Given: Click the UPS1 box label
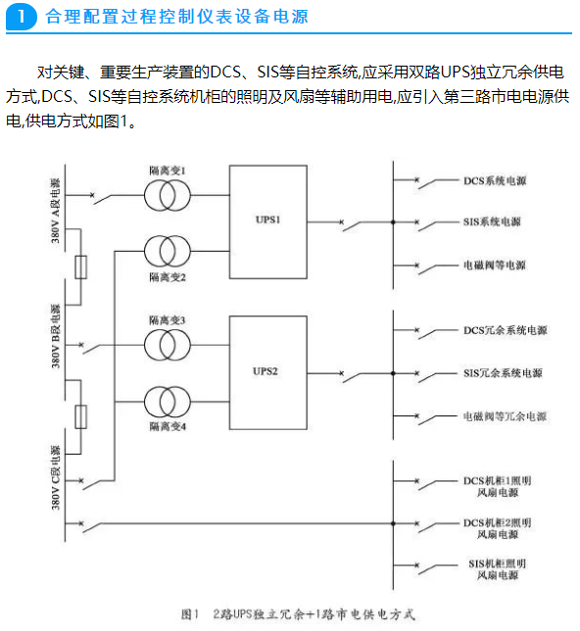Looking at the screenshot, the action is click(x=267, y=219).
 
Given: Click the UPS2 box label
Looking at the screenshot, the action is click(x=266, y=371).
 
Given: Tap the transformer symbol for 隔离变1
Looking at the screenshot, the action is click(x=167, y=196).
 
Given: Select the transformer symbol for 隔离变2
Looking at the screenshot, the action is click(x=167, y=251).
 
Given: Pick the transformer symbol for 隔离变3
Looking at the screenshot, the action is click(x=167, y=345).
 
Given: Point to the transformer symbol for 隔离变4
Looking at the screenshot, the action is click(x=167, y=402).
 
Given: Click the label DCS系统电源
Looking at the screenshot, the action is click(x=495, y=181).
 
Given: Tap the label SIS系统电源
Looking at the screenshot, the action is click(x=492, y=221).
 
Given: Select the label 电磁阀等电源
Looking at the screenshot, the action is click(x=495, y=266).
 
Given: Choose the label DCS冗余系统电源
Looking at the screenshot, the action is click(x=506, y=330).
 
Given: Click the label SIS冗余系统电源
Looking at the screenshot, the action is click(x=503, y=373).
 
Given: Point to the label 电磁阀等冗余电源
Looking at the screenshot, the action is click(x=505, y=416).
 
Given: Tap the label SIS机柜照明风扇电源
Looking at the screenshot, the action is click(x=498, y=569).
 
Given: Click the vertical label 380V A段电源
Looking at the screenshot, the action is click(x=55, y=211).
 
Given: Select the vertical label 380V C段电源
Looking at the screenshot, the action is click(x=55, y=477).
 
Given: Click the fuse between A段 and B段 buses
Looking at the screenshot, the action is click(x=81, y=267).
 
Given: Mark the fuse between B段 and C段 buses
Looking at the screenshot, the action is click(x=81, y=417).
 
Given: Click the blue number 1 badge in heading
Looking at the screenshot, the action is click(x=22, y=17).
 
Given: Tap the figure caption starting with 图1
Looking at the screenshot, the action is click(x=298, y=614).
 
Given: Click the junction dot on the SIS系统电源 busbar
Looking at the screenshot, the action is click(x=393, y=222).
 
